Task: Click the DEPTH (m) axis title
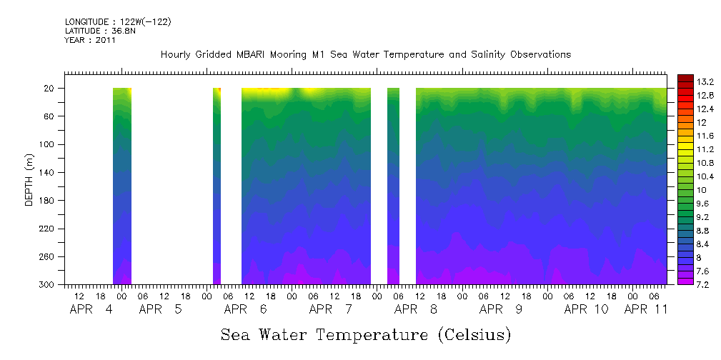click(29, 183)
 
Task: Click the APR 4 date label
click(91, 309)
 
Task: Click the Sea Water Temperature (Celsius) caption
click(366, 334)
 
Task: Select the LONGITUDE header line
click(117, 21)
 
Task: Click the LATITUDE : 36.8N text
click(99, 31)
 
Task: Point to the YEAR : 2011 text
click(89, 40)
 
